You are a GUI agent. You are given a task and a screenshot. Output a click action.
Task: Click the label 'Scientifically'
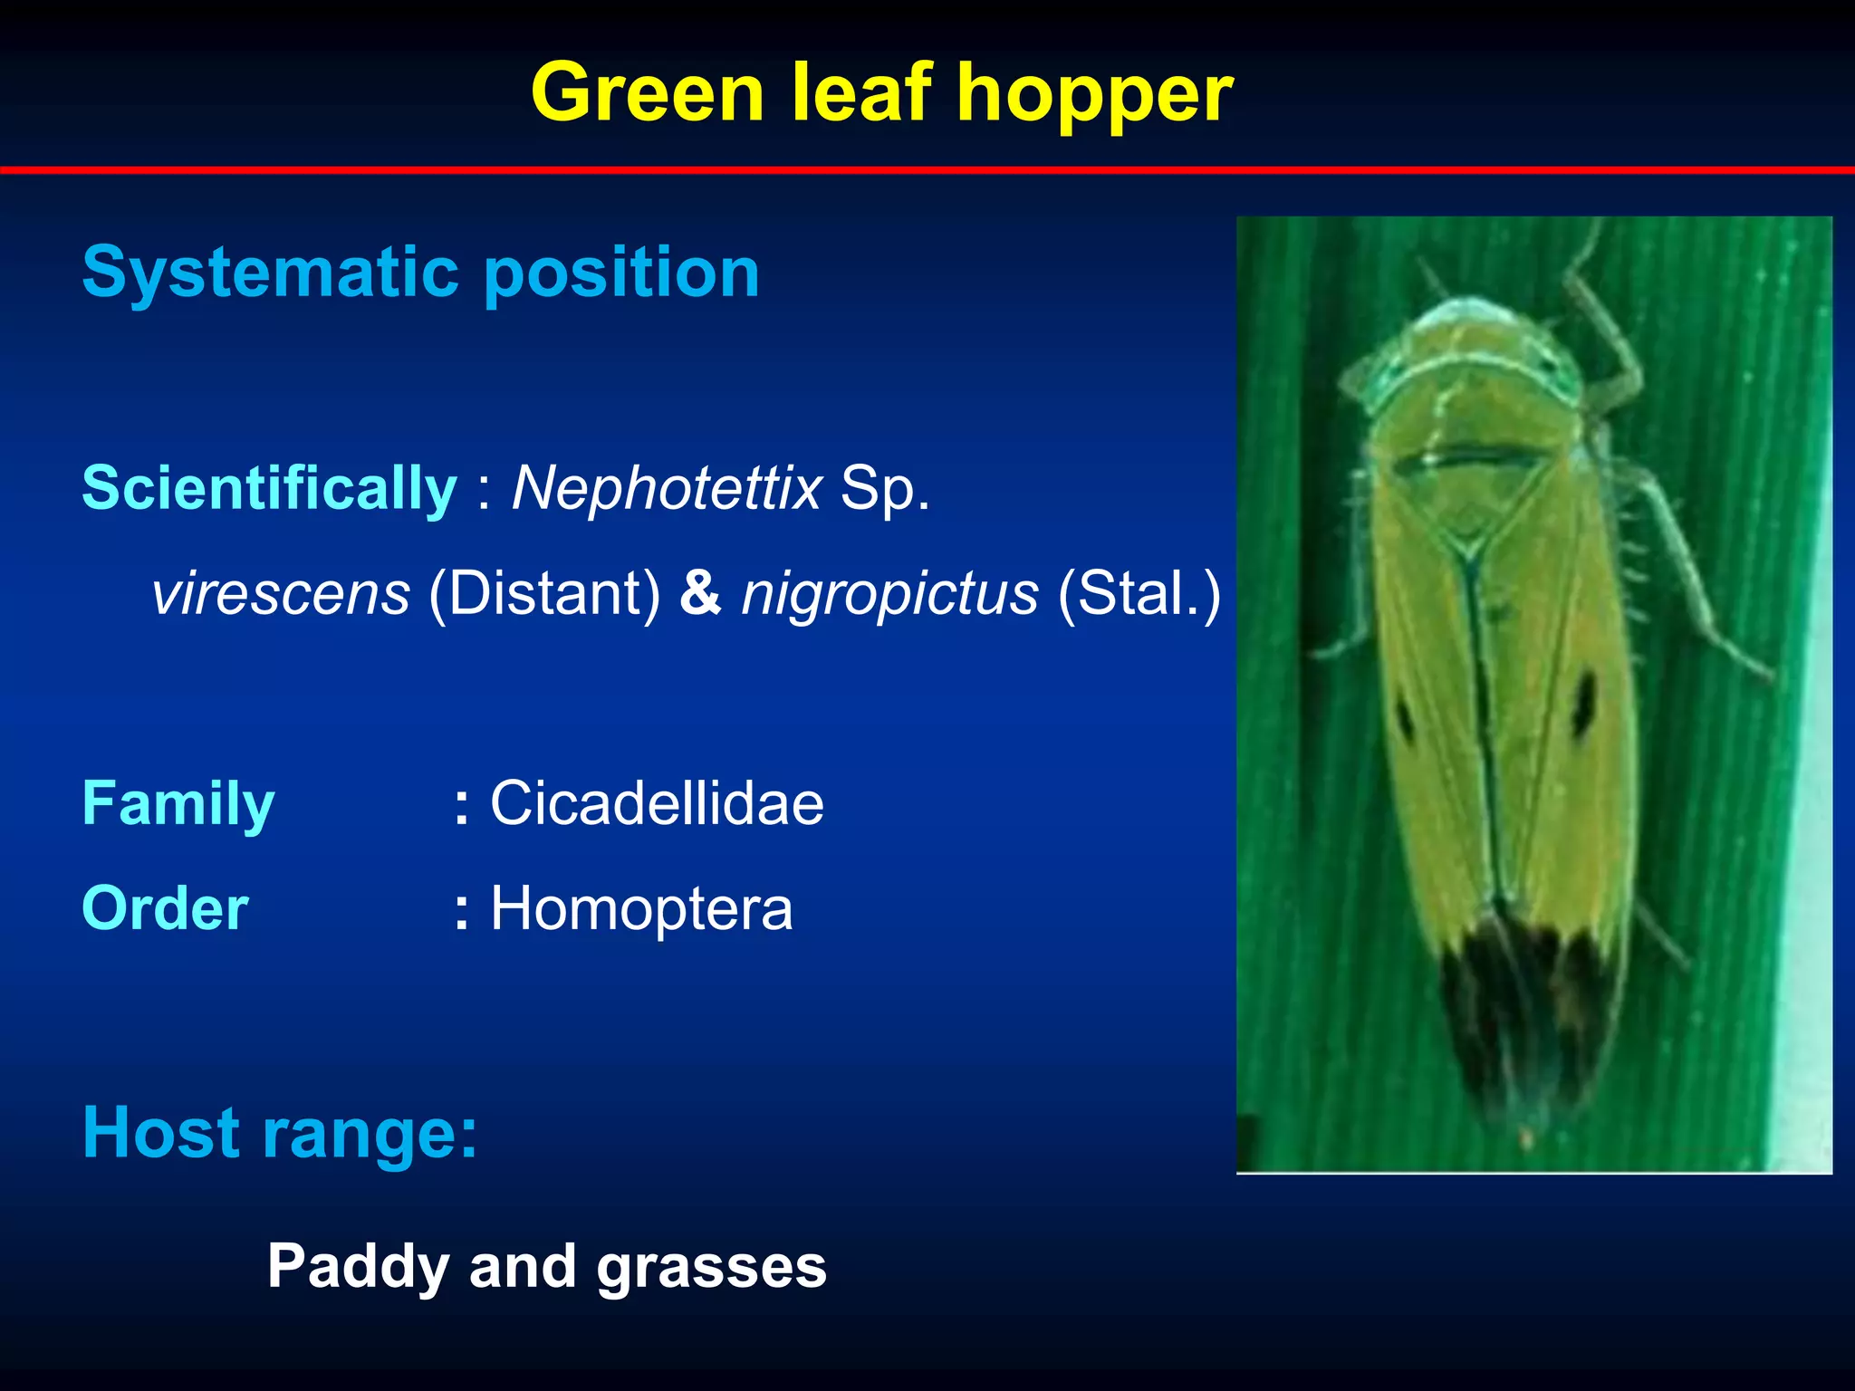[269, 488]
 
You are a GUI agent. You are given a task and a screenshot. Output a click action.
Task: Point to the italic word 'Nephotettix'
[667, 488]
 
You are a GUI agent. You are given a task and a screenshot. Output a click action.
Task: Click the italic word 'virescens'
[281, 594]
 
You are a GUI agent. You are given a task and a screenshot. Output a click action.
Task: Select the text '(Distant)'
[544, 594]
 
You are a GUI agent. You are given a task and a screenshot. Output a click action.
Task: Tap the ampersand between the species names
[700, 594]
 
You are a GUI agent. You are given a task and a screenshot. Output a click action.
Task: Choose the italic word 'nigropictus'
[889, 594]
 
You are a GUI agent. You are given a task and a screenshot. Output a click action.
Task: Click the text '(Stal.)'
[1139, 594]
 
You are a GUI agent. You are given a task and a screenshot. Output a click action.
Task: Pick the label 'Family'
[178, 803]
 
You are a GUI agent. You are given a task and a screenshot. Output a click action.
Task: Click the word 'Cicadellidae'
[657, 803]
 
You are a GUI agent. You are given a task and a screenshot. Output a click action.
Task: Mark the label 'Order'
[165, 908]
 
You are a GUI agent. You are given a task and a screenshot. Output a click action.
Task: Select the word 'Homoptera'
[641, 908]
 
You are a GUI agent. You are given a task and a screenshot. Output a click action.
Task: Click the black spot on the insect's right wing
[1583, 702]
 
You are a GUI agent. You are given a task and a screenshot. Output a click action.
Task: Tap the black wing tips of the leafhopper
[1522, 1014]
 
